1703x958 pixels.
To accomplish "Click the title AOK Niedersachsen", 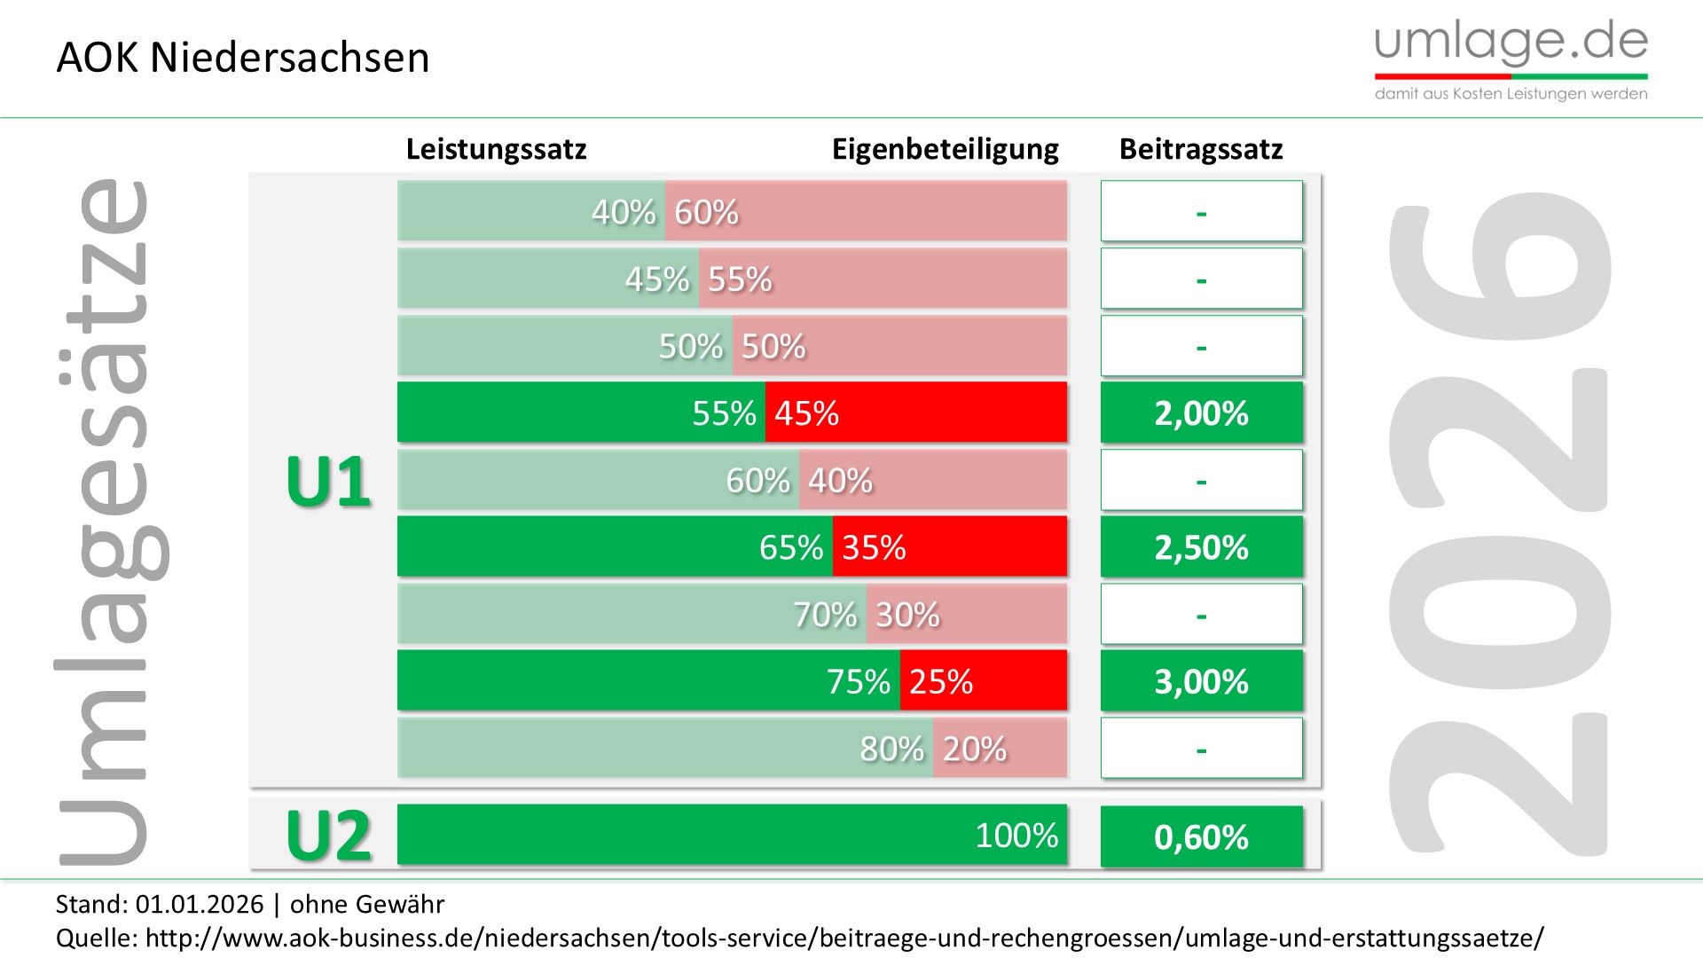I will coord(243,59).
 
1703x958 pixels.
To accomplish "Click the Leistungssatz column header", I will coord(496,149).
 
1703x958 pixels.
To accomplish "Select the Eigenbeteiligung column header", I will coord(945,149).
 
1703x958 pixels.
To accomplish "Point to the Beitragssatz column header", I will coord(1201,149).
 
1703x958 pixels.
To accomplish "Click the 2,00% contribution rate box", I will coord(1201,413).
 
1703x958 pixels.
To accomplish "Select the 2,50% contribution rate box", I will coord(1201,547).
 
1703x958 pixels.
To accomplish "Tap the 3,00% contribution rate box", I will coord(1201,681).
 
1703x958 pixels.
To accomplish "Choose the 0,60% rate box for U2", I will coord(1201,836).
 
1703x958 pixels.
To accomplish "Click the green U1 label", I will coord(328,482).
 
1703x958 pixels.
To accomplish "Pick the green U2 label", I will coord(328,836).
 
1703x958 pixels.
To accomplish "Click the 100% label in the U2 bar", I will coord(1016,836).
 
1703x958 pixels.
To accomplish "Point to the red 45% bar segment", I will coord(916,413).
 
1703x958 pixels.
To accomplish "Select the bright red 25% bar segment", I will coord(983,681).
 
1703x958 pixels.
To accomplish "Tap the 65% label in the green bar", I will coord(791,547).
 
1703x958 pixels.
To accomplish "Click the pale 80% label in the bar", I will coord(891,749).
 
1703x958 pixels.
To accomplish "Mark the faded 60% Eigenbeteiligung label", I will coord(706,212).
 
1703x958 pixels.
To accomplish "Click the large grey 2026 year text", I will coord(1499,523).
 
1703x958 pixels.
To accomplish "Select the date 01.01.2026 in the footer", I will coord(200,904).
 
